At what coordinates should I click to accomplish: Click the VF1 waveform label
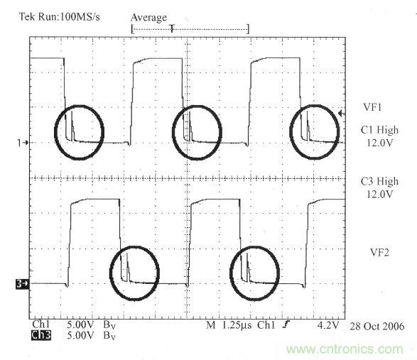[372, 107]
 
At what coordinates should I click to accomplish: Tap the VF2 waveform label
[379, 252]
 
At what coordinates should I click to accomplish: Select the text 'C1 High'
[379, 130]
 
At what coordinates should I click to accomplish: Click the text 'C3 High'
[379, 181]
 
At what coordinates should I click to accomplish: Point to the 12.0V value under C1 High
[379, 143]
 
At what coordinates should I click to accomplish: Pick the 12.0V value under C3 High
[379, 195]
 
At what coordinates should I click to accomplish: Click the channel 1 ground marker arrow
[23, 143]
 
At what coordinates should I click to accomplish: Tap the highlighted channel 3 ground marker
[22, 284]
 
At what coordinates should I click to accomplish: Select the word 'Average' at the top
[148, 18]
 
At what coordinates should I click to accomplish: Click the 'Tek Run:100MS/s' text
[59, 17]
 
